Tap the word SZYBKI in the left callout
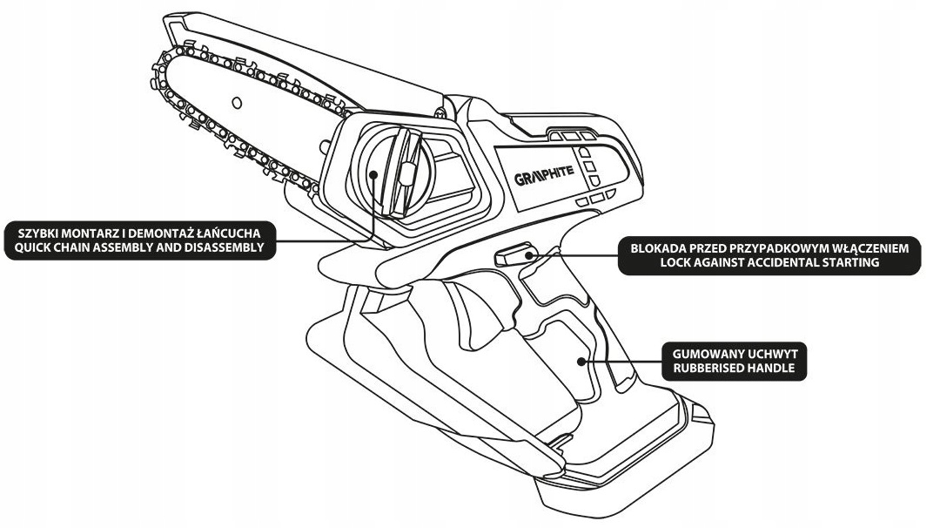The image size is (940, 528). click(31, 234)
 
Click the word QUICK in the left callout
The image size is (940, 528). click(28, 248)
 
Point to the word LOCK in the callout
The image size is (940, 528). click(679, 263)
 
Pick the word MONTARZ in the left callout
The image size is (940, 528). click(82, 234)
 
